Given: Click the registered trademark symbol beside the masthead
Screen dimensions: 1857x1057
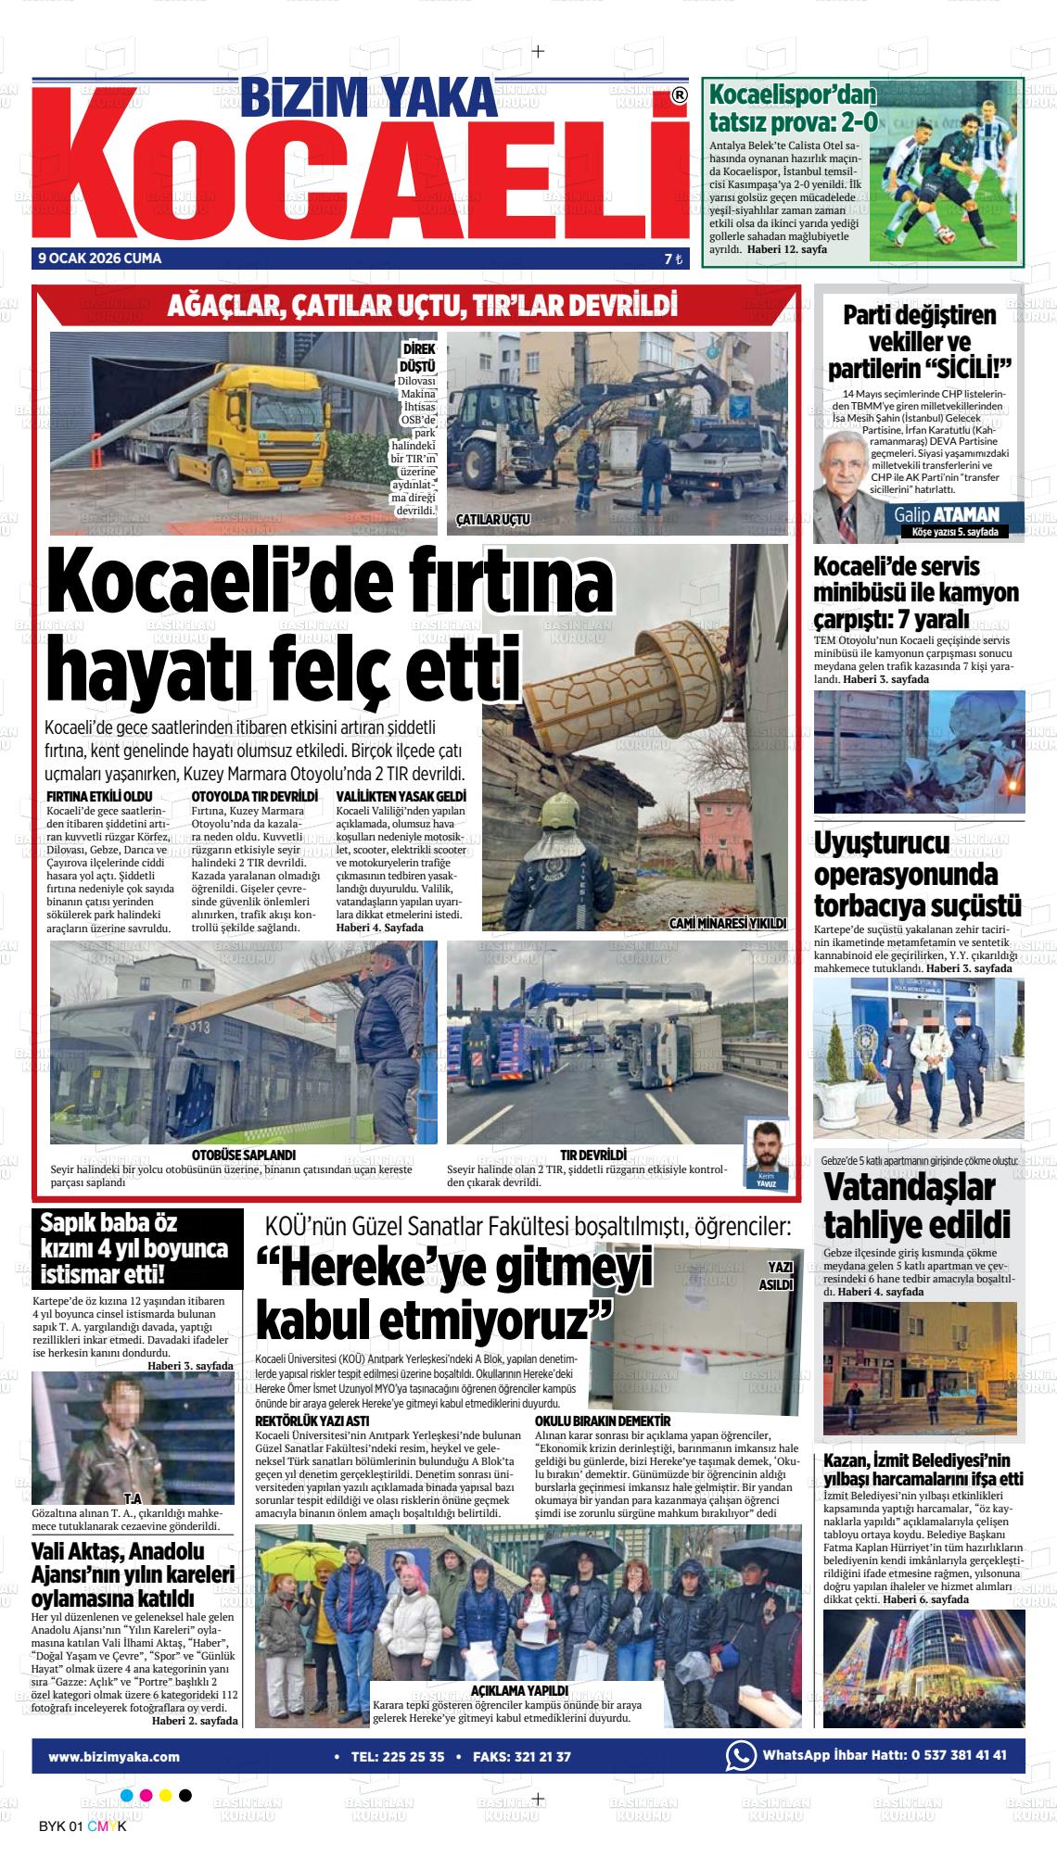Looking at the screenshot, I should [x=679, y=95].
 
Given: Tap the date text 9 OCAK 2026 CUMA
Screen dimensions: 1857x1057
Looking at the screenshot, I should [x=100, y=259].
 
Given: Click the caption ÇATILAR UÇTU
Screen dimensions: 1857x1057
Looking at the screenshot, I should [x=492, y=520].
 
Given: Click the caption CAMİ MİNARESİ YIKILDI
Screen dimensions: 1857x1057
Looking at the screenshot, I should [x=728, y=923].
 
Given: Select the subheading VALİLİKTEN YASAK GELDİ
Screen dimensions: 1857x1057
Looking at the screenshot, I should [x=401, y=796].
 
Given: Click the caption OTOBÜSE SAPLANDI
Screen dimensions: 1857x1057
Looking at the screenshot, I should [x=243, y=1155].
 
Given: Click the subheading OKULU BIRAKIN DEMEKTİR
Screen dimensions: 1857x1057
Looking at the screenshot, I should [x=603, y=1421].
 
